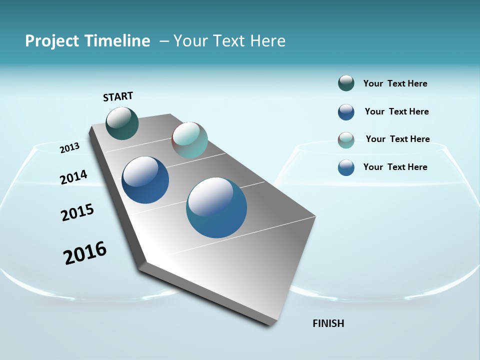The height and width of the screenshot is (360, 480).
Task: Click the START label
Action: (x=118, y=96)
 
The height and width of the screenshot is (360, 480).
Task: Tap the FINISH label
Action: (x=328, y=323)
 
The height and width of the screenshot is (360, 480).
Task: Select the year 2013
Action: (x=69, y=148)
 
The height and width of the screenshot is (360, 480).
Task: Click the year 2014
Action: (x=73, y=177)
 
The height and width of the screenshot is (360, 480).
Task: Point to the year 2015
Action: (x=77, y=212)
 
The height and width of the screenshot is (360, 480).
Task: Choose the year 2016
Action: (x=85, y=252)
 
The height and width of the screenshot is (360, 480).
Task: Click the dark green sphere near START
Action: (x=122, y=123)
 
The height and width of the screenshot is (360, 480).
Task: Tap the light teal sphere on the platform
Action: (x=189, y=140)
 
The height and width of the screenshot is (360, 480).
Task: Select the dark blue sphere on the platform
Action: (x=145, y=180)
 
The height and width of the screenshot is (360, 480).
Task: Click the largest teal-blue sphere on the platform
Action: (x=216, y=207)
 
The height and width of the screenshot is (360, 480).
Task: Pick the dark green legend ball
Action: (x=346, y=83)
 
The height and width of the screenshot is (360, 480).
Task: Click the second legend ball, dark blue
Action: (x=346, y=112)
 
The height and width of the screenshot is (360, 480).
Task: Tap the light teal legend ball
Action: (x=346, y=140)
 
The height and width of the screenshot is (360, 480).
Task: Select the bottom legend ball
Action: (x=346, y=167)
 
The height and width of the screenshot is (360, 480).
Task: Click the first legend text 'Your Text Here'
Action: (x=395, y=83)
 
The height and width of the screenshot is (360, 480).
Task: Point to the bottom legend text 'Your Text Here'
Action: (x=395, y=167)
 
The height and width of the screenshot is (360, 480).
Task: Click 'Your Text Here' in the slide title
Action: (x=229, y=41)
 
